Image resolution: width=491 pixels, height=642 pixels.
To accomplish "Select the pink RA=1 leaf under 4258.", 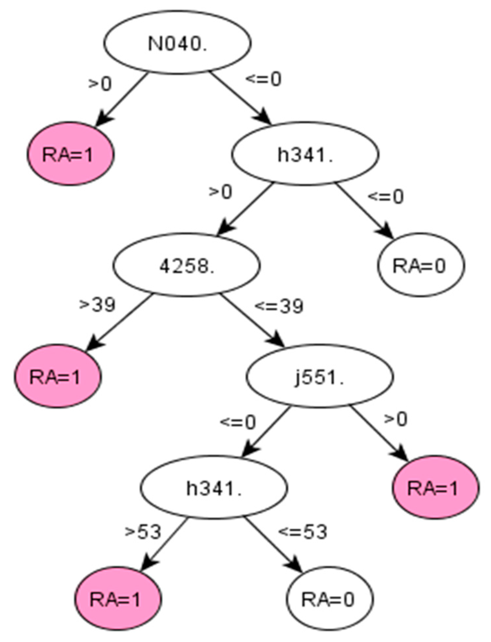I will pyautogui.click(x=57, y=377).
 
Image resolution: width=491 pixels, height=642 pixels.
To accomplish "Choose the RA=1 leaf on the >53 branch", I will pyautogui.click(x=118, y=599).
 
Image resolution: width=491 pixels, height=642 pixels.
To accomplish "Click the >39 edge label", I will pyautogui.click(x=98, y=304).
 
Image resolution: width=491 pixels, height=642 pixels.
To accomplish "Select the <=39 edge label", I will pyautogui.click(x=279, y=307).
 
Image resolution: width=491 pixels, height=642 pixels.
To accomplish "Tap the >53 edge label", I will pyautogui.click(x=143, y=532).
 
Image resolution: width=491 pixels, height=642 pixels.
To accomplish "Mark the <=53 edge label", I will pyautogui.click(x=303, y=532).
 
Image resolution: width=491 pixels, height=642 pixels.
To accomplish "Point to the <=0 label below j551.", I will pyautogui.click(x=238, y=422).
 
